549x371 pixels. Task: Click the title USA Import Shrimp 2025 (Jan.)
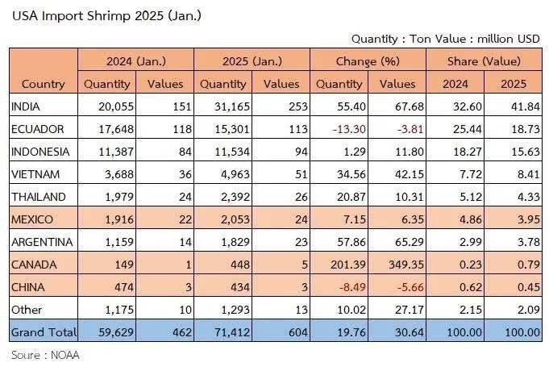(106, 16)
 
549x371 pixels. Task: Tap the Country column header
(43, 84)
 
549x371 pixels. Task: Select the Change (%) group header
(368, 61)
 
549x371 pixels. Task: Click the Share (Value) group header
(484, 61)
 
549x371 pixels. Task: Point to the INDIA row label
(26, 106)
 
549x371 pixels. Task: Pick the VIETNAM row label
(35, 174)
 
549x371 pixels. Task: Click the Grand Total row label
(44, 331)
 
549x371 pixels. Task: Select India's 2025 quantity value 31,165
(232, 106)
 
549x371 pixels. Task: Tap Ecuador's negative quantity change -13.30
(349, 129)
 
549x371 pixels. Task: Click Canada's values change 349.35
(406, 265)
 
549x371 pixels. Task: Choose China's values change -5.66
(410, 287)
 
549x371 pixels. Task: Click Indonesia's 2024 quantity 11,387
(116, 152)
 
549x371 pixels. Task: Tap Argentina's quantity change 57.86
(351, 242)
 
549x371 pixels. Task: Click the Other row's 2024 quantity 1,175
(119, 310)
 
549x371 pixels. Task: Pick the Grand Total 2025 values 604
(298, 332)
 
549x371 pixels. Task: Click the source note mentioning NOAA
(45, 355)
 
